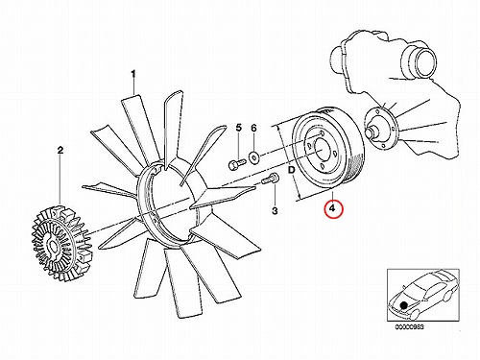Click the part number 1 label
click(x=133, y=75)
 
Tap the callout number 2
click(x=60, y=150)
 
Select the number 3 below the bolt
click(x=275, y=210)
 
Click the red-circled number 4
click(x=333, y=208)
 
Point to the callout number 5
click(x=239, y=128)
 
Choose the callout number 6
click(x=253, y=128)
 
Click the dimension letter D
click(x=291, y=170)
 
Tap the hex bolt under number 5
click(x=237, y=164)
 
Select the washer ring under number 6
click(x=254, y=157)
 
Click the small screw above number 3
click(x=271, y=179)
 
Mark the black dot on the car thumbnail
click(x=404, y=305)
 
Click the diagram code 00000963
click(x=410, y=327)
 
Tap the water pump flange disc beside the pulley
click(x=381, y=127)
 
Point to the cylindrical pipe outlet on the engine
click(x=419, y=61)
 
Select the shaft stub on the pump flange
click(x=373, y=132)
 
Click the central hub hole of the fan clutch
click(x=52, y=247)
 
